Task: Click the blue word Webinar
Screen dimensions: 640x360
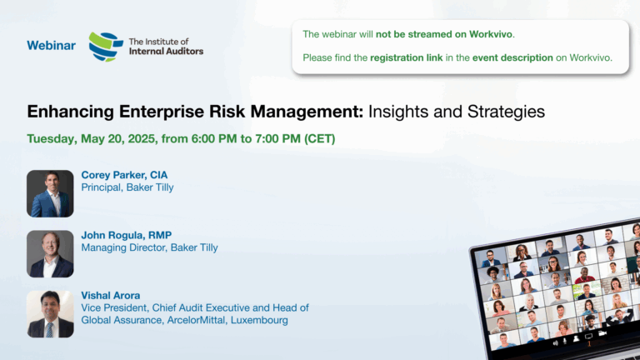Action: click(51, 45)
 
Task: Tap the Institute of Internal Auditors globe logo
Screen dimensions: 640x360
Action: click(106, 47)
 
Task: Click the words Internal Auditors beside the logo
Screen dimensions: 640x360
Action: click(166, 51)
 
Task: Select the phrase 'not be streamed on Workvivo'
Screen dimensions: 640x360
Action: click(444, 34)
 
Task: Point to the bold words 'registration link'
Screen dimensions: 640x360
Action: click(406, 58)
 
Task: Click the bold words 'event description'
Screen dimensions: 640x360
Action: click(512, 58)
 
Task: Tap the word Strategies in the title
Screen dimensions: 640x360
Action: click(506, 112)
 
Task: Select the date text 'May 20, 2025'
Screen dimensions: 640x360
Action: click(118, 139)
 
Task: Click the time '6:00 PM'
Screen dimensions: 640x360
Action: click(214, 139)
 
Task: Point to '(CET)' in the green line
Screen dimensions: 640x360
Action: click(320, 139)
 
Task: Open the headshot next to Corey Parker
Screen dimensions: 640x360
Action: click(50, 193)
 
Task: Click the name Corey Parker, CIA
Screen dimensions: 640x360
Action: click(124, 175)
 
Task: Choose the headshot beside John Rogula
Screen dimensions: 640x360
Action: click(50, 254)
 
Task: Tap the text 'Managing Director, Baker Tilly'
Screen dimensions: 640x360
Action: click(149, 247)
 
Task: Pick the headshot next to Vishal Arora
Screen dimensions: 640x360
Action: click(50, 314)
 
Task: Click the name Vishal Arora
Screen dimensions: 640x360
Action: click(111, 296)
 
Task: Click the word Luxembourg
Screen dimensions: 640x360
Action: click(259, 320)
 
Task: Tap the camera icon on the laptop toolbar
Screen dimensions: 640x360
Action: click(602, 334)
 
